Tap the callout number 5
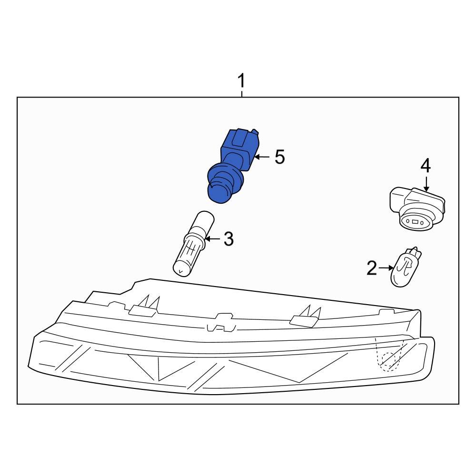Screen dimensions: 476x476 click(279, 157)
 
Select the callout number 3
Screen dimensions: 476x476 click(228, 239)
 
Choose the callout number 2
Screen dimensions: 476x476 click(372, 268)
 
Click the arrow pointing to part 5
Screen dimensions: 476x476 click(262, 157)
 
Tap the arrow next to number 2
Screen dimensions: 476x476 click(385, 268)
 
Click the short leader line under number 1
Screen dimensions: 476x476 click(242, 93)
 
